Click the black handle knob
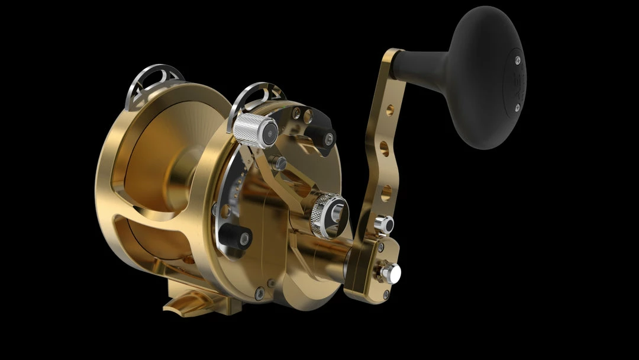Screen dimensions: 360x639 [x=485, y=77]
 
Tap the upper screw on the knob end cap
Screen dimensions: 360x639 [x=517, y=60]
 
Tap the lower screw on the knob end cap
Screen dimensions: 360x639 [x=517, y=108]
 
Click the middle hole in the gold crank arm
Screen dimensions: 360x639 [x=385, y=148]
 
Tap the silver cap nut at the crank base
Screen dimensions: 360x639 [x=390, y=272]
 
